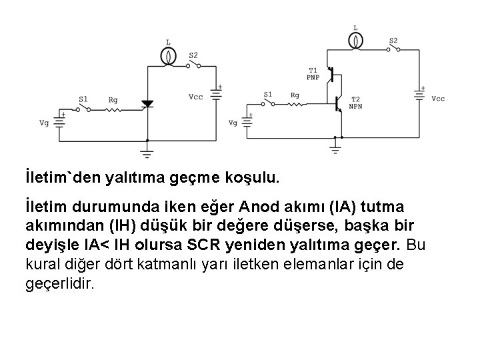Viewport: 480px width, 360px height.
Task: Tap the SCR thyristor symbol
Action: [x=147, y=104]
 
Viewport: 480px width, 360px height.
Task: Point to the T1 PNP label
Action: [x=313, y=74]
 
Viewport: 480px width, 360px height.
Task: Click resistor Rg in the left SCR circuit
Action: [x=114, y=109]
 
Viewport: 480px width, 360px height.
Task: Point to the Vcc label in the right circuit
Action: [x=438, y=99]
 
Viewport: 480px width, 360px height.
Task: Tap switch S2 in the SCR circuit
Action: [x=194, y=64]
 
